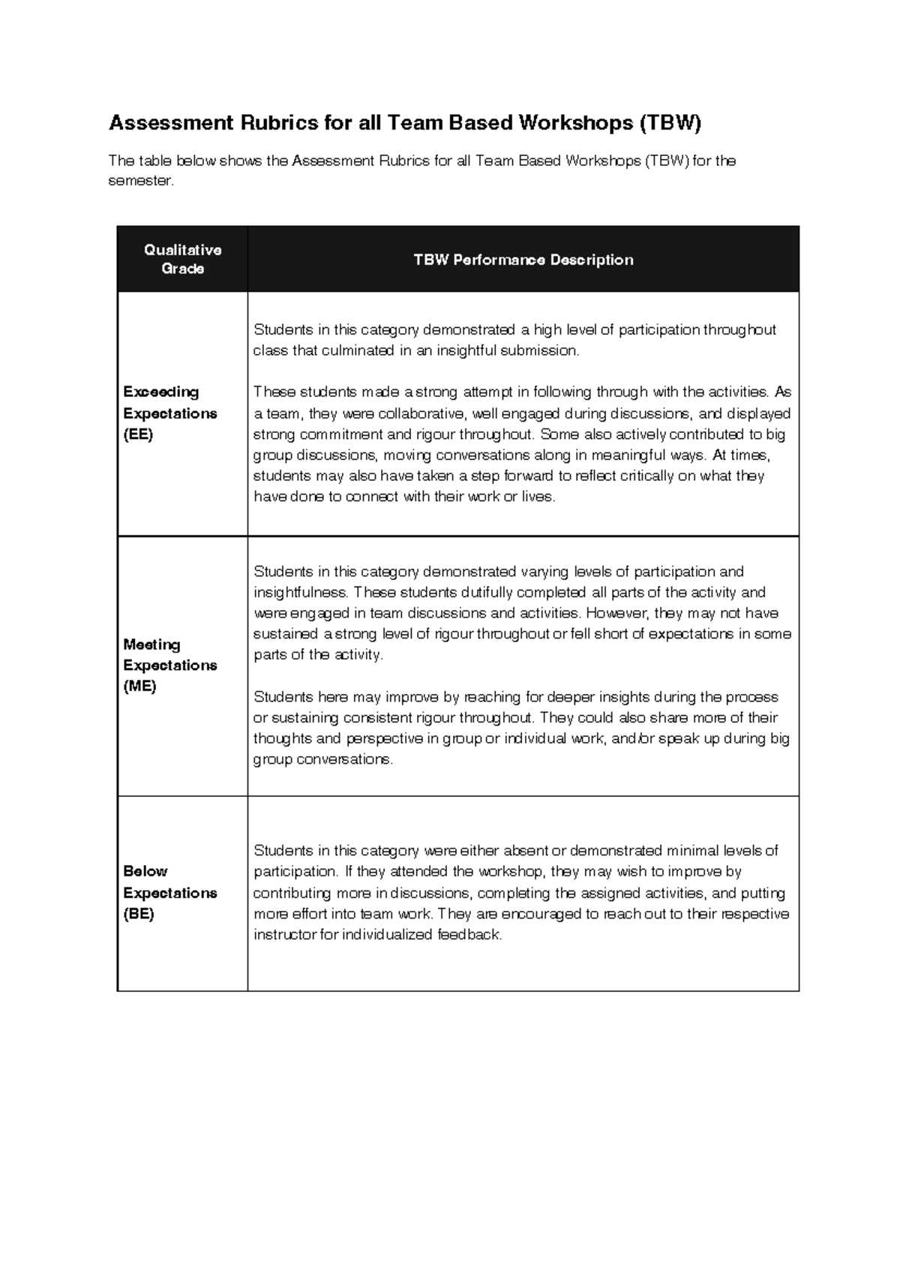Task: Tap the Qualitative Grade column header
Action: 182,259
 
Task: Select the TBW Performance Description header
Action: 523,260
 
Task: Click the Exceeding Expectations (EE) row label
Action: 170,413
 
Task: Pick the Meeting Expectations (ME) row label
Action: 170,666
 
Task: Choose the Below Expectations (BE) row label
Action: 170,893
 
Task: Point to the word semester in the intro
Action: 140,182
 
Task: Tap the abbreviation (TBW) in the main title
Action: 670,123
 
